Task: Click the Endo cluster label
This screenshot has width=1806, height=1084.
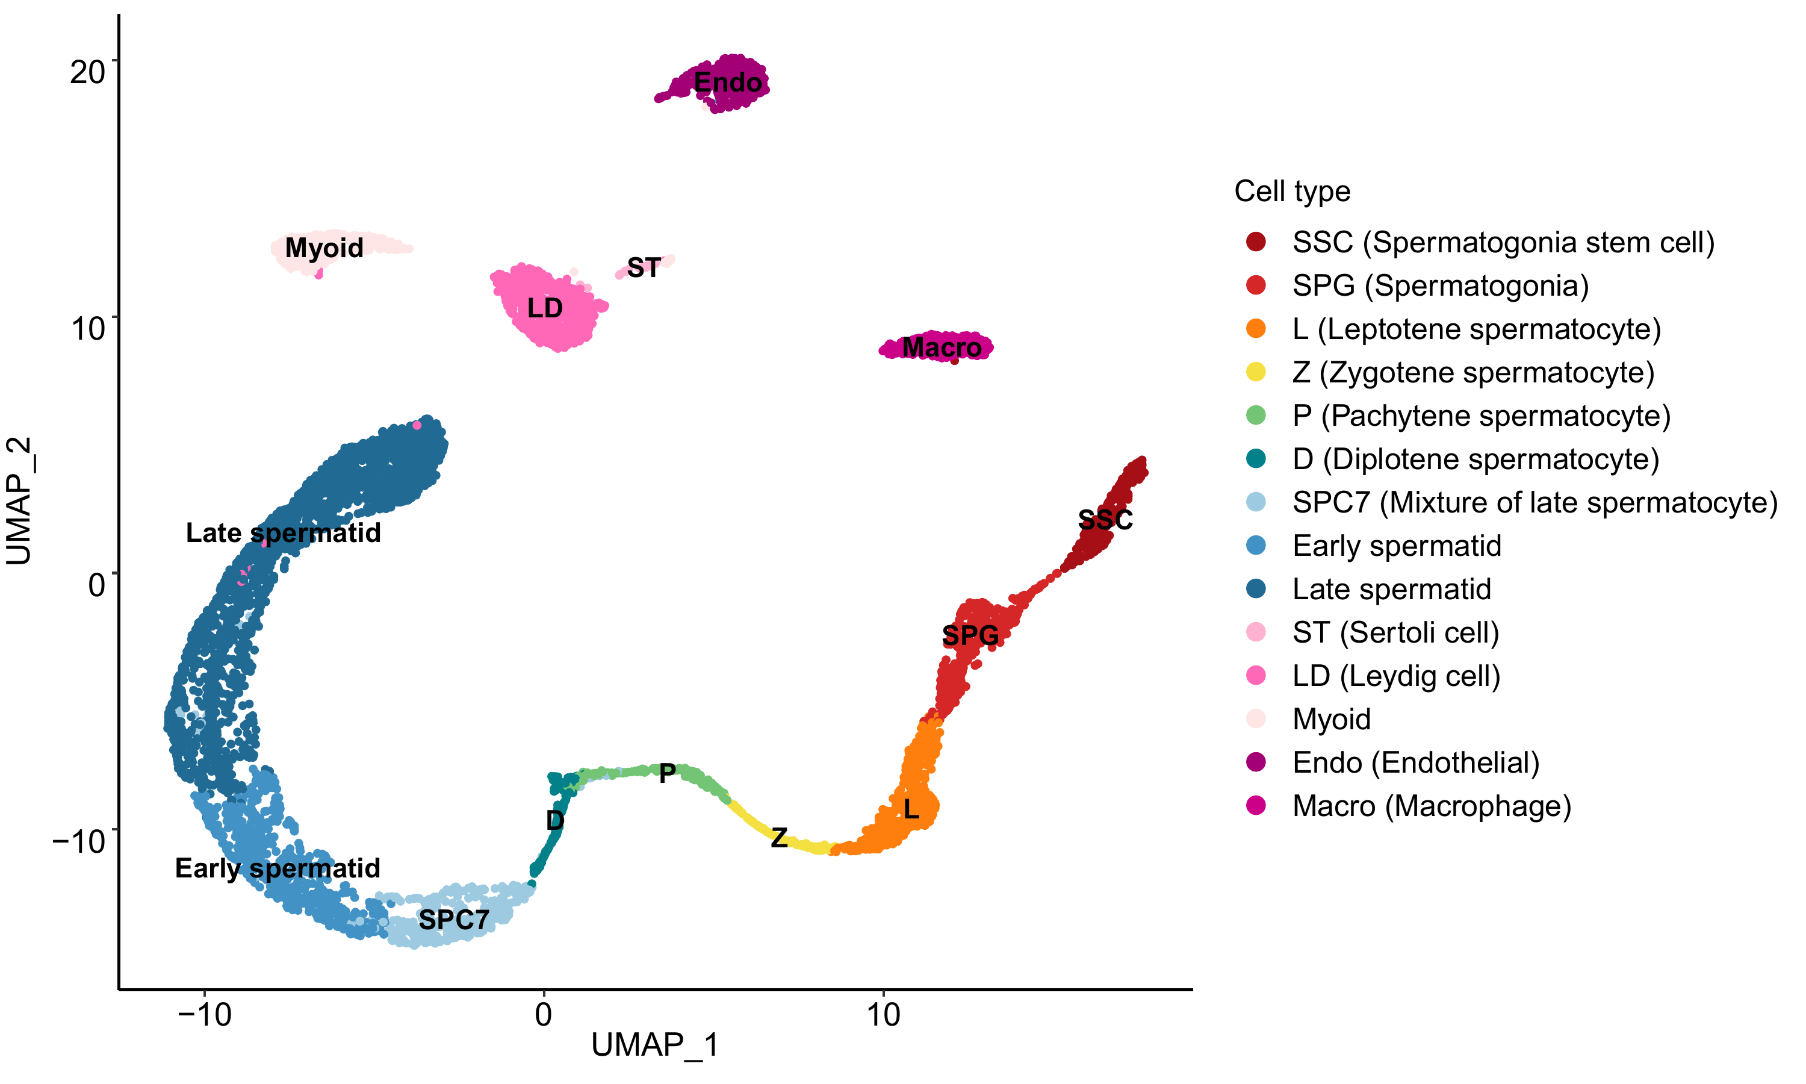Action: pyautogui.click(x=728, y=83)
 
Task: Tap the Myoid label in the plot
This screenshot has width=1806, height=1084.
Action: pyautogui.click(x=324, y=248)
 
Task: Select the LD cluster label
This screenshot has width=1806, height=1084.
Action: pyautogui.click(x=545, y=308)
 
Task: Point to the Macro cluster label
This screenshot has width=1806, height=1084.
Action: pyautogui.click(x=942, y=347)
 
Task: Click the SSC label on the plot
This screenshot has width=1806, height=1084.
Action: pyautogui.click(x=1105, y=520)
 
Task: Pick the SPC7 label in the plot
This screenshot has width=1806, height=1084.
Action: pyautogui.click(x=453, y=920)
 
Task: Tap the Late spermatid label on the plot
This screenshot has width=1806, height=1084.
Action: pyautogui.click(x=283, y=532)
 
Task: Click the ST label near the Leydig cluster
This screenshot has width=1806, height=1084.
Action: pyautogui.click(x=644, y=268)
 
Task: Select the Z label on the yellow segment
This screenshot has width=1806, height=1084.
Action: pyautogui.click(x=779, y=837)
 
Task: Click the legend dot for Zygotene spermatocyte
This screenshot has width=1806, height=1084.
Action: pyautogui.click(x=1256, y=372)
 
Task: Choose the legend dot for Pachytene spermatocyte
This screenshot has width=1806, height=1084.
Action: pyautogui.click(x=1256, y=415)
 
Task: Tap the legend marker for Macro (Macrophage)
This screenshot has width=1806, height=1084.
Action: pyautogui.click(x=1256, y=806)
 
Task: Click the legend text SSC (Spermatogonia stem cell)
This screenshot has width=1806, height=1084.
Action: pyautogui.click(x=1503, y=243)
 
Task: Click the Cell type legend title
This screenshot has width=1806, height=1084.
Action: pyautogui.click(x=1292, y=192)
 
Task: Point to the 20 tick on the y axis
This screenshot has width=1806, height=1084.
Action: pyautogui.click(x=88, y=72)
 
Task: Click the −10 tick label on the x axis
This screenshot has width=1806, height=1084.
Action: pyautogui.click(x=205, y=1015)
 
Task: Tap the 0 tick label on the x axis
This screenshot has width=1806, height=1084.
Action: pyautogui.click(x=543, y=1015)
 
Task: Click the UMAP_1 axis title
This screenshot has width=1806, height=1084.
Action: pyautogui.click(x=655, y=1045)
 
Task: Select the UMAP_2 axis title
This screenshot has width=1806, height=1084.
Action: pyautogui.click(x=20, y=501)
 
